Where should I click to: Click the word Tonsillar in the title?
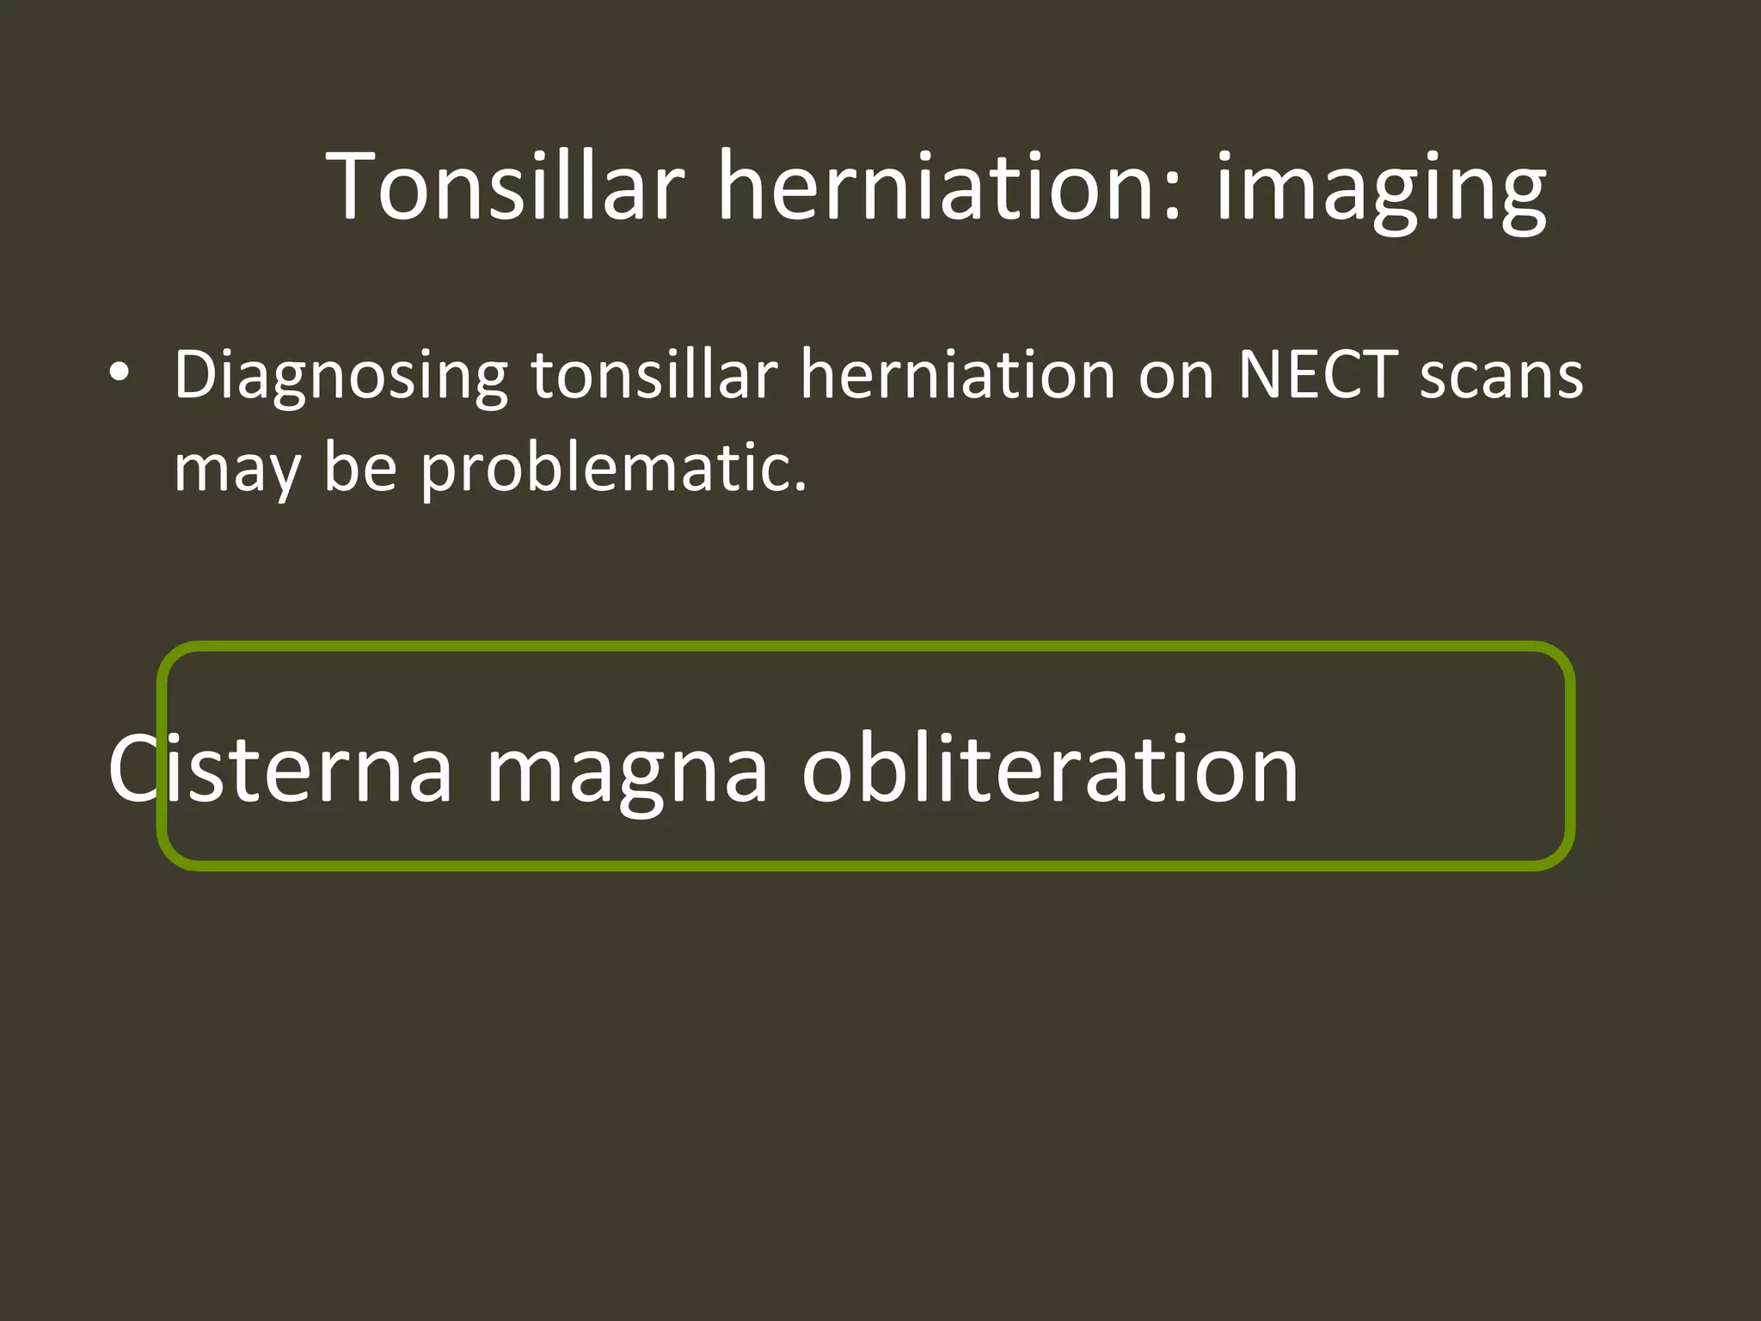pyautogui.click(x=506, y=186)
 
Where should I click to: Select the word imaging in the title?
pyautogui.click(x=1380, y=191)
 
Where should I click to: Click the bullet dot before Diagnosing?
pyautogui.click(x=120, y=373)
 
